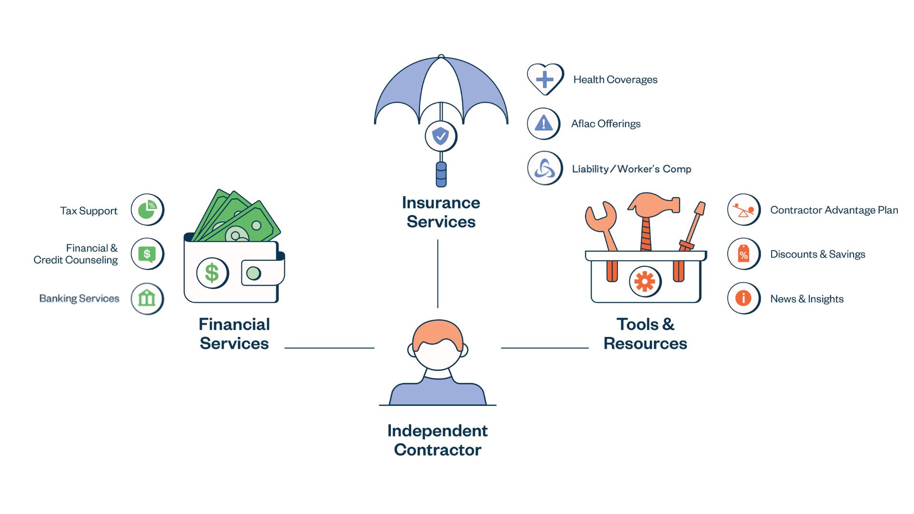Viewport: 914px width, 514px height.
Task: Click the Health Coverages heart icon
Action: (x=545, y=79)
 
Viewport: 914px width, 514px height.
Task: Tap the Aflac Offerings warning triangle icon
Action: (x=544, y=124)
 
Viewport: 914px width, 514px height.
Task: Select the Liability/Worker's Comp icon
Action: (x=545, y=168)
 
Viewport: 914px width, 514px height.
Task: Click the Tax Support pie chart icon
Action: (x=147, y=210)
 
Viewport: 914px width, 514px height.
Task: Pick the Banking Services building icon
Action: (x=147, y=298)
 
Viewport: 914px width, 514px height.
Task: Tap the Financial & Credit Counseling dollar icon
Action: (x=147, y=254)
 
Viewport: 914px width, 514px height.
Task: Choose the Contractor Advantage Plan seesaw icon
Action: (x=744, y=210)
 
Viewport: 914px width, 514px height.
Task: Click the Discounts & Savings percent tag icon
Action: (x=744, y=254)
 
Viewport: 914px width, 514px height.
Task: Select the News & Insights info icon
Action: (x=744, y=298)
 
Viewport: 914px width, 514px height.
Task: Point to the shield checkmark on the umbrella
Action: (x=441, y=136)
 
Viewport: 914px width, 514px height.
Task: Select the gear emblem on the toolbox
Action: (x=645, y=282)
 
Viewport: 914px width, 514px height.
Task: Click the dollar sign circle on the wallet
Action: (x=212, y=273)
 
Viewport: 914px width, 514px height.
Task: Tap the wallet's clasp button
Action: (x=254, y=273)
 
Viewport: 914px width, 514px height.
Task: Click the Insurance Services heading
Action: (x=441, y=212)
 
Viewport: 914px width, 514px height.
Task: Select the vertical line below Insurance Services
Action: (x=437, y=274)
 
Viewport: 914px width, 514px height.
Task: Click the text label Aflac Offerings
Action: (x=606, y=124)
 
